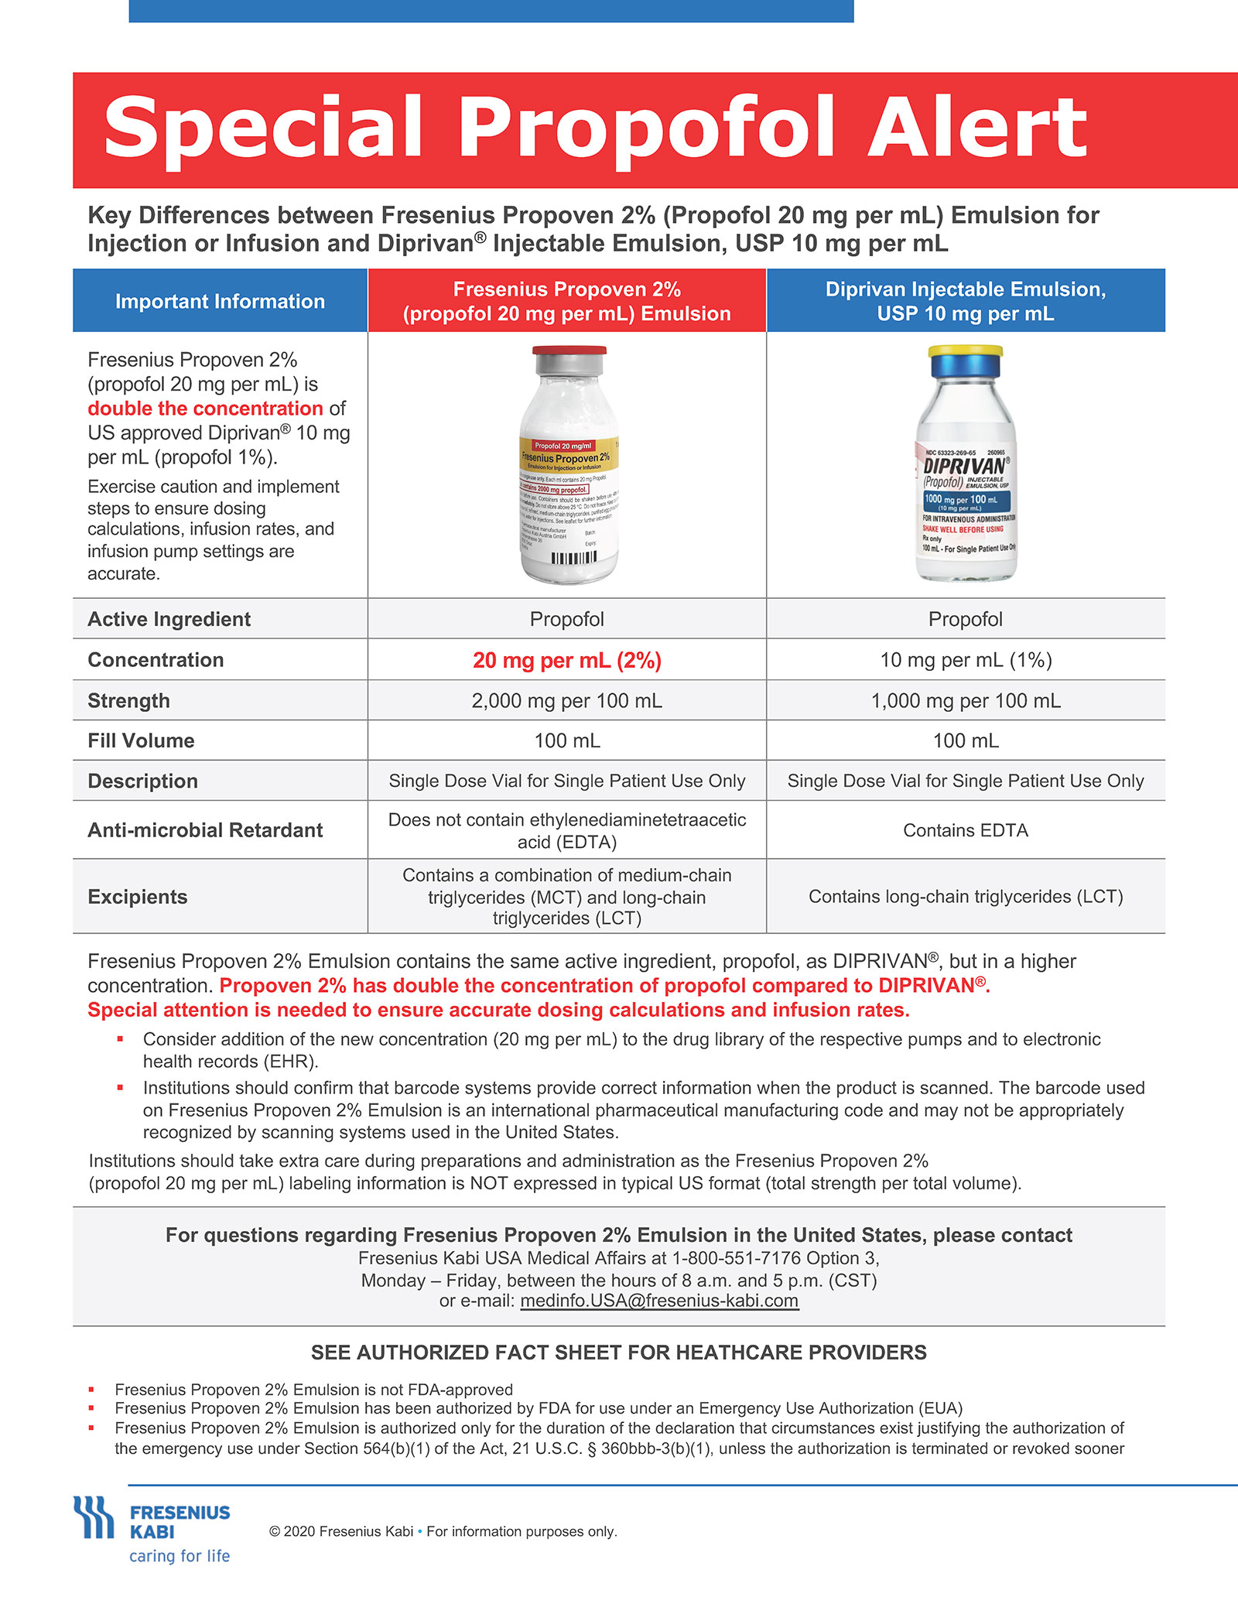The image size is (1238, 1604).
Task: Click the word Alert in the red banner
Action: [x=977, y=128]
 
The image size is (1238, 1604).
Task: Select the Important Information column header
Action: [x=220, y=301]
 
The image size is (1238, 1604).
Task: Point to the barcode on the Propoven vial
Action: [x=573, y=558]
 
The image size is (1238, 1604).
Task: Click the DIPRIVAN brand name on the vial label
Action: [x=964, y=466]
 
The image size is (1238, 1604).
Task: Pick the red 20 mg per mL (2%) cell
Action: [x=566, y=660]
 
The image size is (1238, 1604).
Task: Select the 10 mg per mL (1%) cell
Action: [x=966, y=660]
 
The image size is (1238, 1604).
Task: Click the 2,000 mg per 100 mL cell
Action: [x=566, y=700]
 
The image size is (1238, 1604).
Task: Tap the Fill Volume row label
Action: [x=141, y=740]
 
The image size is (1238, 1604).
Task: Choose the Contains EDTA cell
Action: [x=966, y=830]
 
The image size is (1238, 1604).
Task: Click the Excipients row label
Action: [x=138, y=897]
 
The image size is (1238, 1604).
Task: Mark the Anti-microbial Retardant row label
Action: [x=205, y=830]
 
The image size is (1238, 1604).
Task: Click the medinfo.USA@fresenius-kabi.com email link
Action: [x=659, y=1301]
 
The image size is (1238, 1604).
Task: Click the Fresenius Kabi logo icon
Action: [x=94, y=1518]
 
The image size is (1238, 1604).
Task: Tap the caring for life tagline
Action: [x=180, y=1556]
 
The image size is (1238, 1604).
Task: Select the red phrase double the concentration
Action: [x=205, y=408]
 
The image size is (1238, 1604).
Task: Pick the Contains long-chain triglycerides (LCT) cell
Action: [x=966, y=897]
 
